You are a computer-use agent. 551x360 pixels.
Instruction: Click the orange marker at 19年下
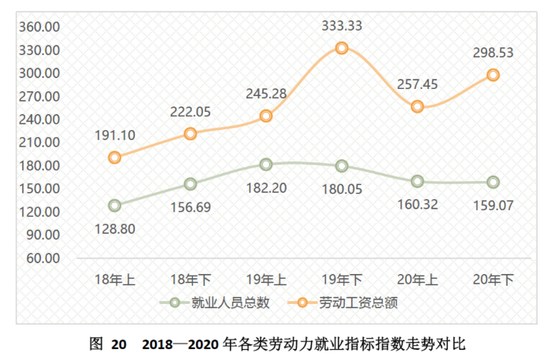coord(342,48)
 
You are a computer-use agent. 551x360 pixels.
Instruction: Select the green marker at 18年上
coord(115,206)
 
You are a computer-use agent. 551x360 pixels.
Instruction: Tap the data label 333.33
coord(342,26)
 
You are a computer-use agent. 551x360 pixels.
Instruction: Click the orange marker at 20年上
coord(417,106)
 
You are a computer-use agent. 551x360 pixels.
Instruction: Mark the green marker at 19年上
coord(266,164)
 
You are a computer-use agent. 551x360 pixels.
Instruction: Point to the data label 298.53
coord(493,53)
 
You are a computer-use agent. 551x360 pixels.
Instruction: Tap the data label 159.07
coord(493,206)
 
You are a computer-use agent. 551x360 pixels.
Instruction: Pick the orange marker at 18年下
coord(190,134)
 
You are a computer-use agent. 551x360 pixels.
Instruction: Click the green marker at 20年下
coord(493,182)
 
